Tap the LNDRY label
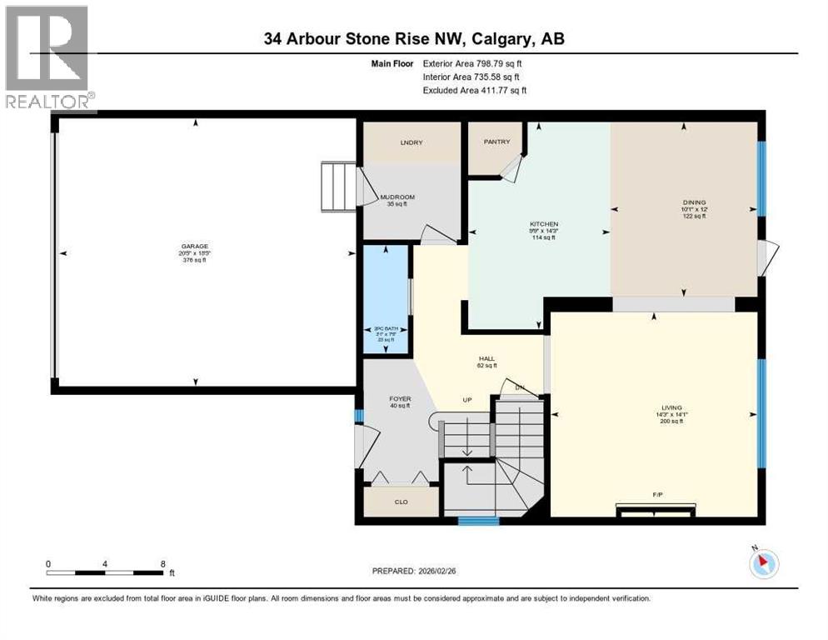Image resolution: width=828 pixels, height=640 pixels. click(411, 142)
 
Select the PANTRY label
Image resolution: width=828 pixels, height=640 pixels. click(496, 142)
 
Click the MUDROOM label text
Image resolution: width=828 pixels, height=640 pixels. click(397, 197)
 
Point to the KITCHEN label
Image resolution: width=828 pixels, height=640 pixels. click(544, 224)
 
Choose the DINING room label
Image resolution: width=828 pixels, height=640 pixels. click(694, 202)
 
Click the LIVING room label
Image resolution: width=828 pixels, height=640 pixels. click(669, 408)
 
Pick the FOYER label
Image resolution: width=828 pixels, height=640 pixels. click(400, 399)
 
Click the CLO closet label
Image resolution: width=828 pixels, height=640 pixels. click(401, 502)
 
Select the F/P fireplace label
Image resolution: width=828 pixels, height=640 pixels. click(657, 496)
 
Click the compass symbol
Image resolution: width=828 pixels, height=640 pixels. click(763, 564)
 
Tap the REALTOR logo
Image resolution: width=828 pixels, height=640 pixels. click(48, 58)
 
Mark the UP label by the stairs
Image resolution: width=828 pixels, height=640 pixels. click(467, 400)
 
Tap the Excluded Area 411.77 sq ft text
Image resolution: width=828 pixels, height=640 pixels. click(475, 90)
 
